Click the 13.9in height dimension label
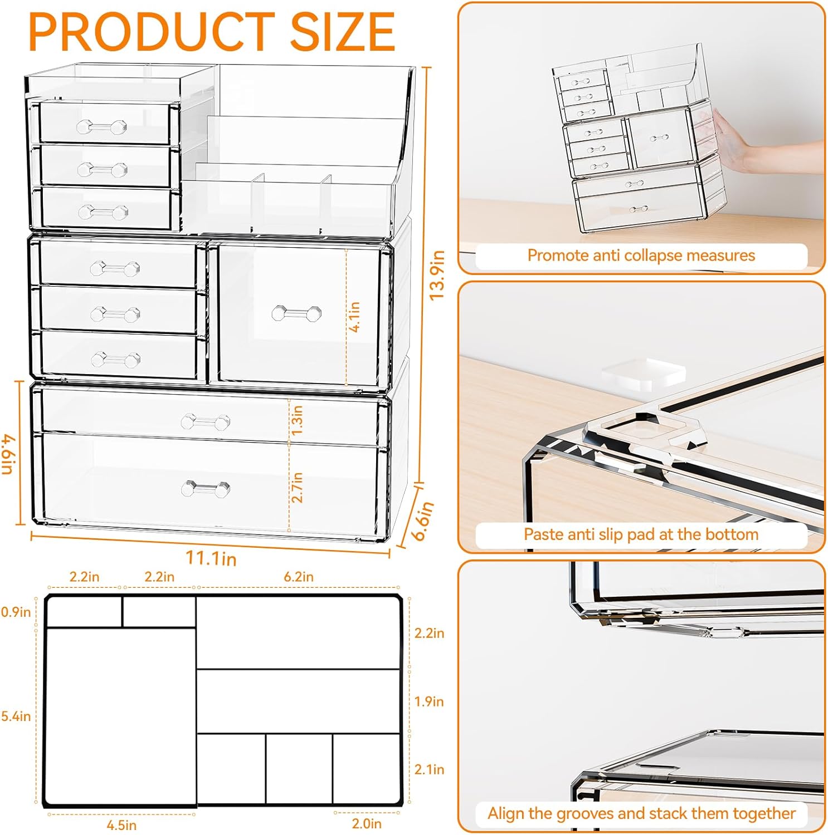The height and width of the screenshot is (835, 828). (437, 275)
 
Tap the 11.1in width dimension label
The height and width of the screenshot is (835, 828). (211, 557)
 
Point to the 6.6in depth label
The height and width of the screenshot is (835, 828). (423, 520)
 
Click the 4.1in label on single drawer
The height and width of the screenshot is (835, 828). (354, 317)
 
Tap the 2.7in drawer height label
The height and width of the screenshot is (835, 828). (298, 487)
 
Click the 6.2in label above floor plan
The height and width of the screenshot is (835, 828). (298, 577)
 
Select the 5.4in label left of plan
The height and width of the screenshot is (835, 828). (16, 716)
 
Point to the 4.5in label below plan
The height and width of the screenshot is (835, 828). (121, 824)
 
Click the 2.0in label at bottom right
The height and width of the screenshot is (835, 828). (367, 823)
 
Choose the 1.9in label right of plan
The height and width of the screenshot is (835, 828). (428, 701)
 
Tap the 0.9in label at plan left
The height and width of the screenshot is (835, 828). (16, 612)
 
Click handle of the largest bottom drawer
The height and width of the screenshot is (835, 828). (206, 489)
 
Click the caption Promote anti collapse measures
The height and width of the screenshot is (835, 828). (641, 256)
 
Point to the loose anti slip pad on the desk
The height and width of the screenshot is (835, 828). (644, 371)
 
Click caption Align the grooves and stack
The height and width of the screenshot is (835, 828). (641, 813)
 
